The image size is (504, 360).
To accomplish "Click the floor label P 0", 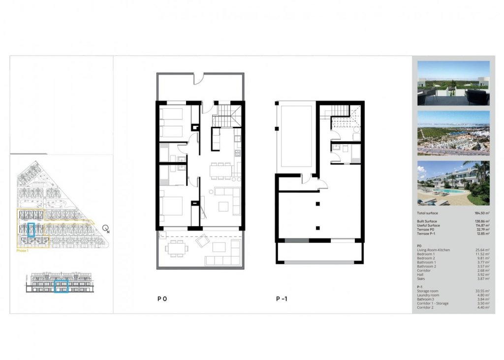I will (162, 299).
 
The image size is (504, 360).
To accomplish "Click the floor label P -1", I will (282, 299).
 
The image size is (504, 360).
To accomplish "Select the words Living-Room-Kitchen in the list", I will (433, 250).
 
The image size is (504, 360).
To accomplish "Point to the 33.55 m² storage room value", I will (481, 291).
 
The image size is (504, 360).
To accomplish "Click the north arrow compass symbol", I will (105, 229).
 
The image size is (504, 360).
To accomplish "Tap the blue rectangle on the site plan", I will (31, 230).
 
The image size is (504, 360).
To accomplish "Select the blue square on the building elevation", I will (61, 286).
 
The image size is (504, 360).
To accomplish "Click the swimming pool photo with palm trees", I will (453, 183).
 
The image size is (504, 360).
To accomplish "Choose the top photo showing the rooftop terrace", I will (453, 83).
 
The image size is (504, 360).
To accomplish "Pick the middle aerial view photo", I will (453, 133).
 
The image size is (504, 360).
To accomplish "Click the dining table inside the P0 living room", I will (221, 171).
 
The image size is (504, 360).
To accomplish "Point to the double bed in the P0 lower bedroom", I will (172, 207).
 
